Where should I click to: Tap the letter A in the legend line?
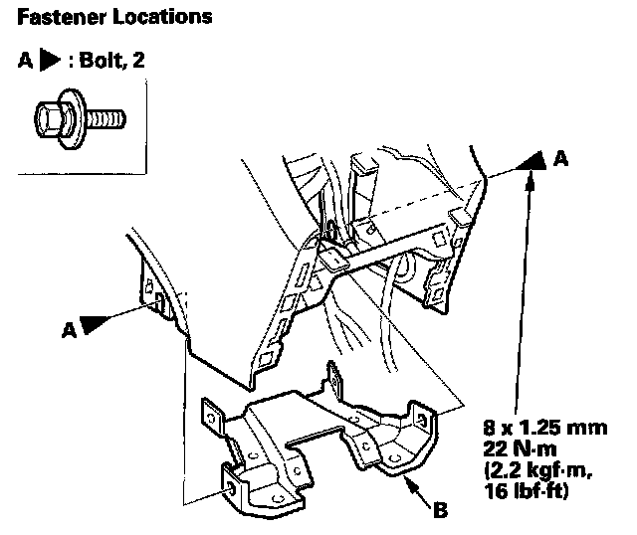tap(25, 61)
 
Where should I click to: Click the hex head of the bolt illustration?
tap(47, 120)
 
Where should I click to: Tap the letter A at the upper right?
tap(563, 158)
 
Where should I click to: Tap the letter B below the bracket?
tap(441, 512)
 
